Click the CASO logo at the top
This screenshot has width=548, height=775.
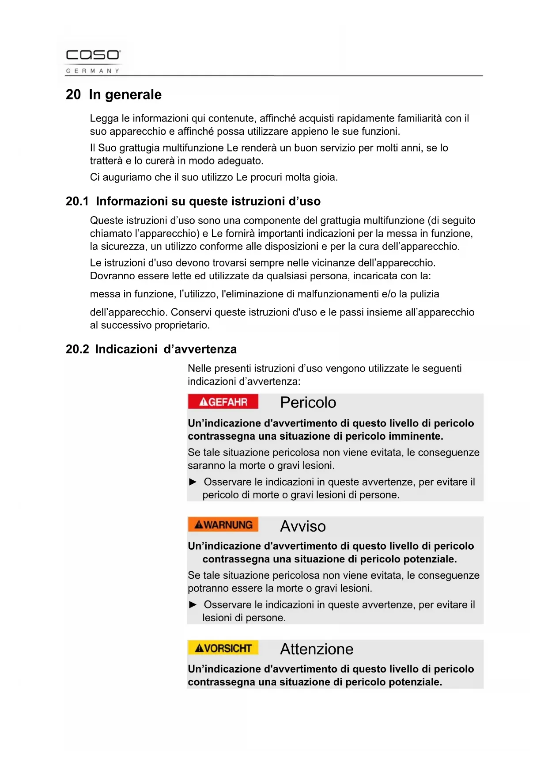pyautogui.click(x=93, y=55)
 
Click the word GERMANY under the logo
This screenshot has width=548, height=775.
pyautogui.click(x=93, y=71)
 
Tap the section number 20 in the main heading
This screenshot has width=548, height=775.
pyautogui.click(x=73, y=95)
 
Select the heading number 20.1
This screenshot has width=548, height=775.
pyautogui.click(x=77, y=201)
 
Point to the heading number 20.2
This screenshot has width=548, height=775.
pyautogui.click(x=77, y=350)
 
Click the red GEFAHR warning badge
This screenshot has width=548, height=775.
pyautogui.click(x=223, y=402)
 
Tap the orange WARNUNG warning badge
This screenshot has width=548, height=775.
pyautogui.click(x=223, y=525)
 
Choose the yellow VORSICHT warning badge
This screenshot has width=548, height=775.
pyautogui.click(x=223, y=648)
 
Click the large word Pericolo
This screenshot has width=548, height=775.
pyautogui.click(x=308, y=403)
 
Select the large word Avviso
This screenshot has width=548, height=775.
pyautogui.click(x=303, y=526)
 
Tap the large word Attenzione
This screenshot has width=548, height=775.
pyautogui.click(x=317, y=649)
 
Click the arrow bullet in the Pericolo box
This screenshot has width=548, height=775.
pyautogui.click(x=193, y=482)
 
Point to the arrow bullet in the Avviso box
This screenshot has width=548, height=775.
pyautogui.click(x=193, y=605)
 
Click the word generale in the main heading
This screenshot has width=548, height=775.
pyautogui.click(x=133, y=95)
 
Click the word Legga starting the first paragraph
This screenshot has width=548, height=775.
pyautogui.click(x=104, y=119)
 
